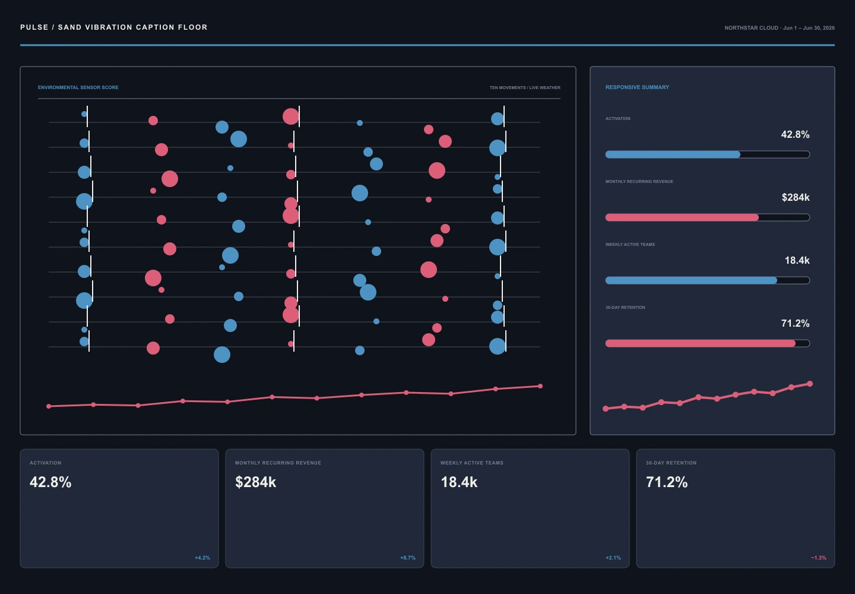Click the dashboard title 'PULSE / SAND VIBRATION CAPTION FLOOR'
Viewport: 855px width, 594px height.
[114, 27]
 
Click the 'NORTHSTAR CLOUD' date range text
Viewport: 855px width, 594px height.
[780, 28]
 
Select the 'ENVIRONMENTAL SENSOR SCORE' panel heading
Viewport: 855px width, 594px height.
[78, 87]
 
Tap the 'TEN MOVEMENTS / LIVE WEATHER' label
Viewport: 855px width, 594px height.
[525, 88]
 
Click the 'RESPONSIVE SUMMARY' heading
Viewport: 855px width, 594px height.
[637, 87]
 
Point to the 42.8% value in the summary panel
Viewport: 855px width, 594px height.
[795, 134]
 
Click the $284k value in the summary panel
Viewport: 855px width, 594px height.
[796, 197]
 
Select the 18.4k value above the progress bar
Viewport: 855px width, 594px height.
[797, 260]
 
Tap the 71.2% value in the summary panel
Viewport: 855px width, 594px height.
[795, 323]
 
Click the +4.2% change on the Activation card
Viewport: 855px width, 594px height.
[202, 558]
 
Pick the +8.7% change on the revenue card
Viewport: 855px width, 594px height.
[408, 558]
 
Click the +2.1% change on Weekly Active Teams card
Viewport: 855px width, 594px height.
[613, 558]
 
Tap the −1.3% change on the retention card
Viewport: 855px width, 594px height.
[819, 558]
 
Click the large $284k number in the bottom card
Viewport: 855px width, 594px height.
[255, 482]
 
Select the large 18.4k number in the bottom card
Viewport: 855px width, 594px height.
[459, 482]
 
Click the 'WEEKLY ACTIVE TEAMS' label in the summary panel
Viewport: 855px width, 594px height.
[630, 245]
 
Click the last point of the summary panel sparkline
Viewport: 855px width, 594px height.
[810, 384]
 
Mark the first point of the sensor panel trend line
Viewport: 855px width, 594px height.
[49, 406]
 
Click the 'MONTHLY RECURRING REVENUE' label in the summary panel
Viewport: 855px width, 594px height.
[639, 182]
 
